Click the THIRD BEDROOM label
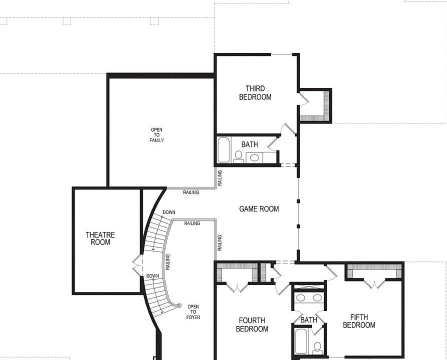pos(255,93)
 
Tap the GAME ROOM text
pos(259,209)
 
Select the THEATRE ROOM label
pos(100,238)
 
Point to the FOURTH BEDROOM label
pos(252,324)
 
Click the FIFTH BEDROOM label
pos(362,321)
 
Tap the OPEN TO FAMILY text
pos(156,135)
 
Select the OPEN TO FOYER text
pos(193,311)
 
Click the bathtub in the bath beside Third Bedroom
pos(223,149)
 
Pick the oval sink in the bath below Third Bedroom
pos(254,158)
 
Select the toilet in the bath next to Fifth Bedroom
pos(317,346)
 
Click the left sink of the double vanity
pos(300,298)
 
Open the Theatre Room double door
pos(137,265)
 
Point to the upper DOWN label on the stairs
pos(168,212)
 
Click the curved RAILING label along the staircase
pos(167,262)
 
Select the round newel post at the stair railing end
pos(179,305)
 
